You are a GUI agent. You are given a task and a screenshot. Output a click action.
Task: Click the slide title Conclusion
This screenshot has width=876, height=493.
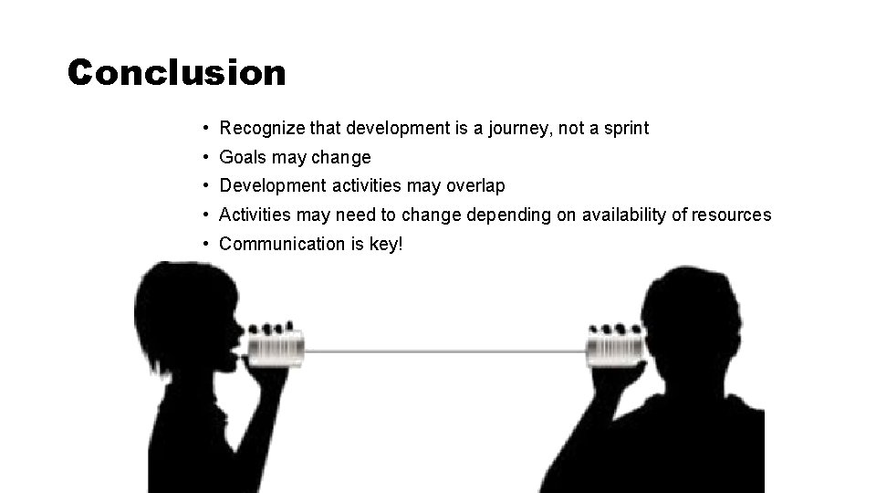coord(176,72)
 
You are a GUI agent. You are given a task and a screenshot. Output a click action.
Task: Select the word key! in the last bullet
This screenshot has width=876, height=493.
coord(384,245)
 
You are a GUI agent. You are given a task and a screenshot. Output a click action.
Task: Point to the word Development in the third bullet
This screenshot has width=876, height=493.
coord(273,186)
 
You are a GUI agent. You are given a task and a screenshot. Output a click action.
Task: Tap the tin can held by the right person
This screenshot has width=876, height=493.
coord(613,348)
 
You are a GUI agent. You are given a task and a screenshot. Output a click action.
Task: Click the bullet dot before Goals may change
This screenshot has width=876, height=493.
coord(209,157)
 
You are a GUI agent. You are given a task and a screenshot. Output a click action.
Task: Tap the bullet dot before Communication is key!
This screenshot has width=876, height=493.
coord(209,244)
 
